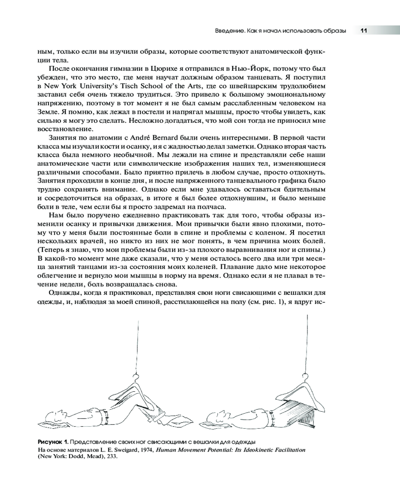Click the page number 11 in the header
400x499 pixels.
pyautogui.click(x=364, y=30)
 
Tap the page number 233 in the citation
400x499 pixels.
pyautogui.click(x=110, y=457)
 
